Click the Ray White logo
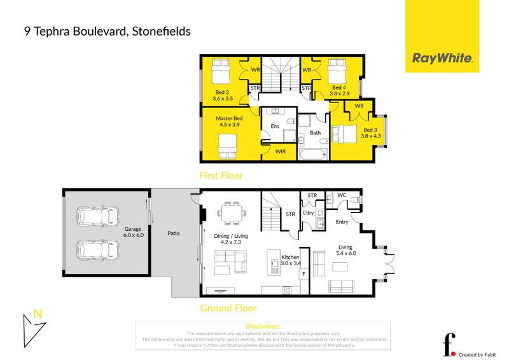point(443,59)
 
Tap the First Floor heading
point(221,176)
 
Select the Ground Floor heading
point(228,308)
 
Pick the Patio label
point(172,233)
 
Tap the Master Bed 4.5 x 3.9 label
point(229,121)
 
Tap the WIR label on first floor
point(280,151)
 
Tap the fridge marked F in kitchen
point(303,274)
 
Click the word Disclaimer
point(262,326)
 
